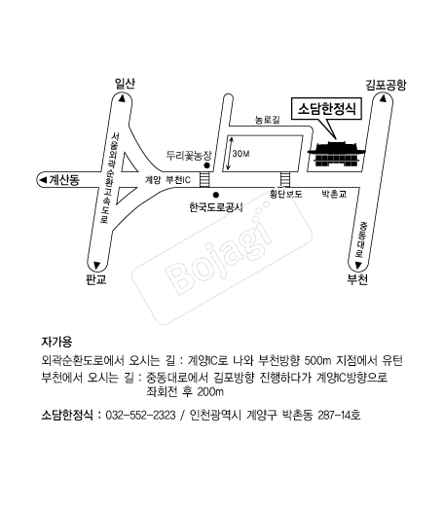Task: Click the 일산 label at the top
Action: click(x=125, y=84)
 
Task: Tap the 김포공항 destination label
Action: click(x=386, y=85)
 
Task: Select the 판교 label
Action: click(x=96, y=279)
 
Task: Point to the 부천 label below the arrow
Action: click(x=357, y=279)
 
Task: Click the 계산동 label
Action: click(x=64, y=179)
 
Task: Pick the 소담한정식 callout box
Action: click(x=326, y=108)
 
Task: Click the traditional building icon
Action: click(x=337, y=154)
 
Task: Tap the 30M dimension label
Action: click(x=240, y=154)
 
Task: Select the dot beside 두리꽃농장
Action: click(x=206, y=165)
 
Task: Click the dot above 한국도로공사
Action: click(x=216, y=196)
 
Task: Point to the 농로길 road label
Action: click(x=268, y=120)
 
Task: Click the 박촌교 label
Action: click(x=334, y=195)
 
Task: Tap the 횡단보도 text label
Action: click(x=286, y=195)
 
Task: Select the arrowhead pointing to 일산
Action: click(x=122, y=98)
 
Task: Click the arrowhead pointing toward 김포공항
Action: click(x=384, y=98)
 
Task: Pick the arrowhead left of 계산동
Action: click(x=43, y=179)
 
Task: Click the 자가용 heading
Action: click(x=56, y=342)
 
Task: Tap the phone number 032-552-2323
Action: click(x=141, y=416)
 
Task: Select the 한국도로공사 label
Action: click(x=216, y=207)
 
